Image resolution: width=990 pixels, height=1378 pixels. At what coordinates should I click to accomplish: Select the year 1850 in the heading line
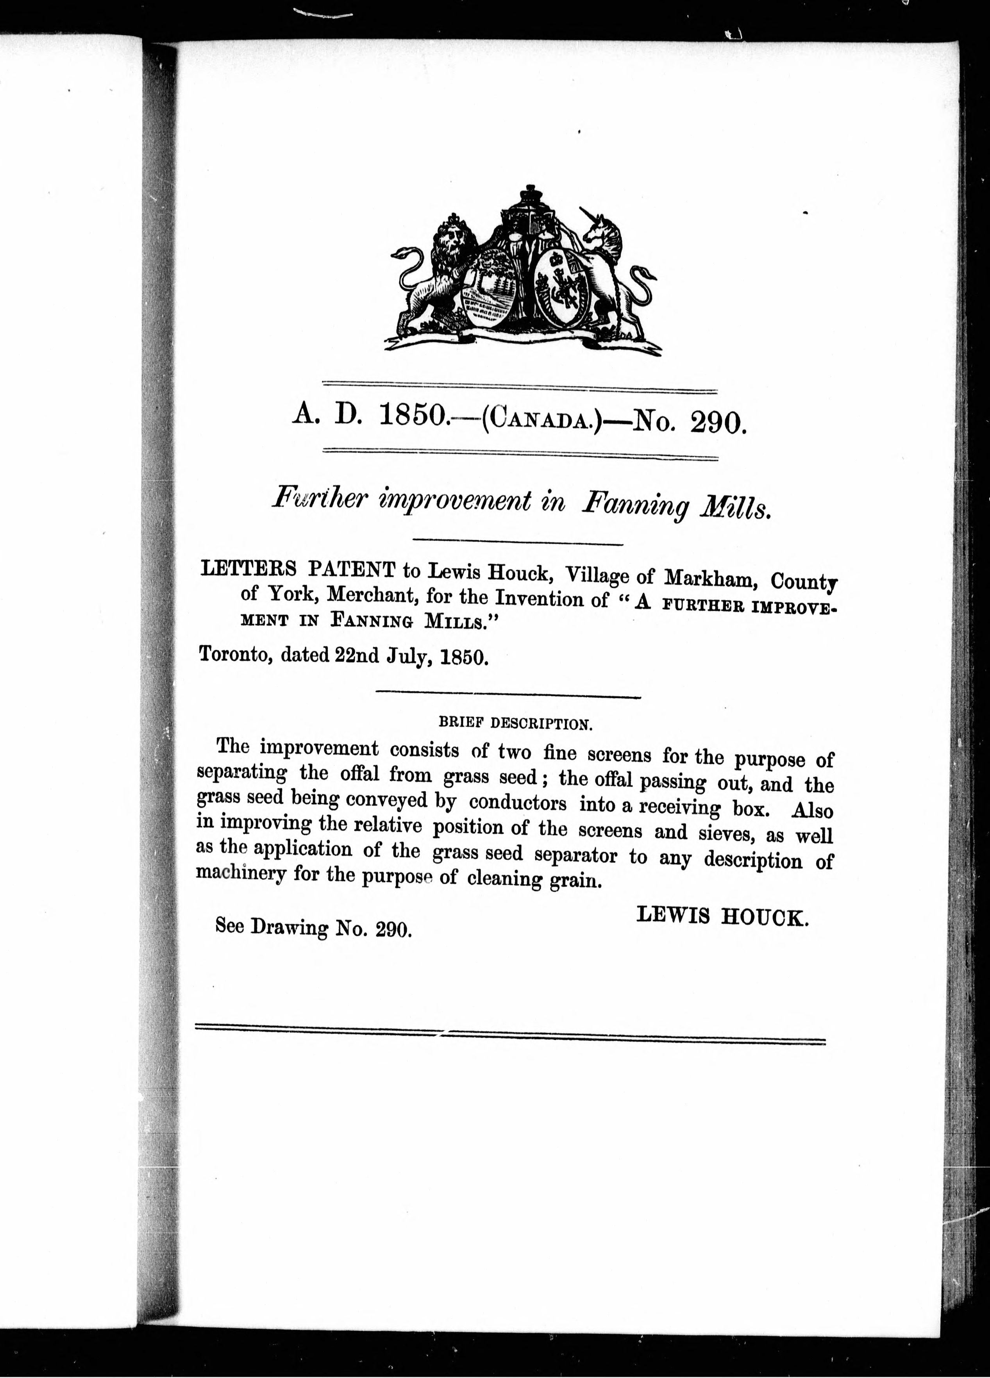pos(411,416)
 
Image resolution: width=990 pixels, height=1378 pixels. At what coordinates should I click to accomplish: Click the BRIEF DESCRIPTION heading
pos(515,724)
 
